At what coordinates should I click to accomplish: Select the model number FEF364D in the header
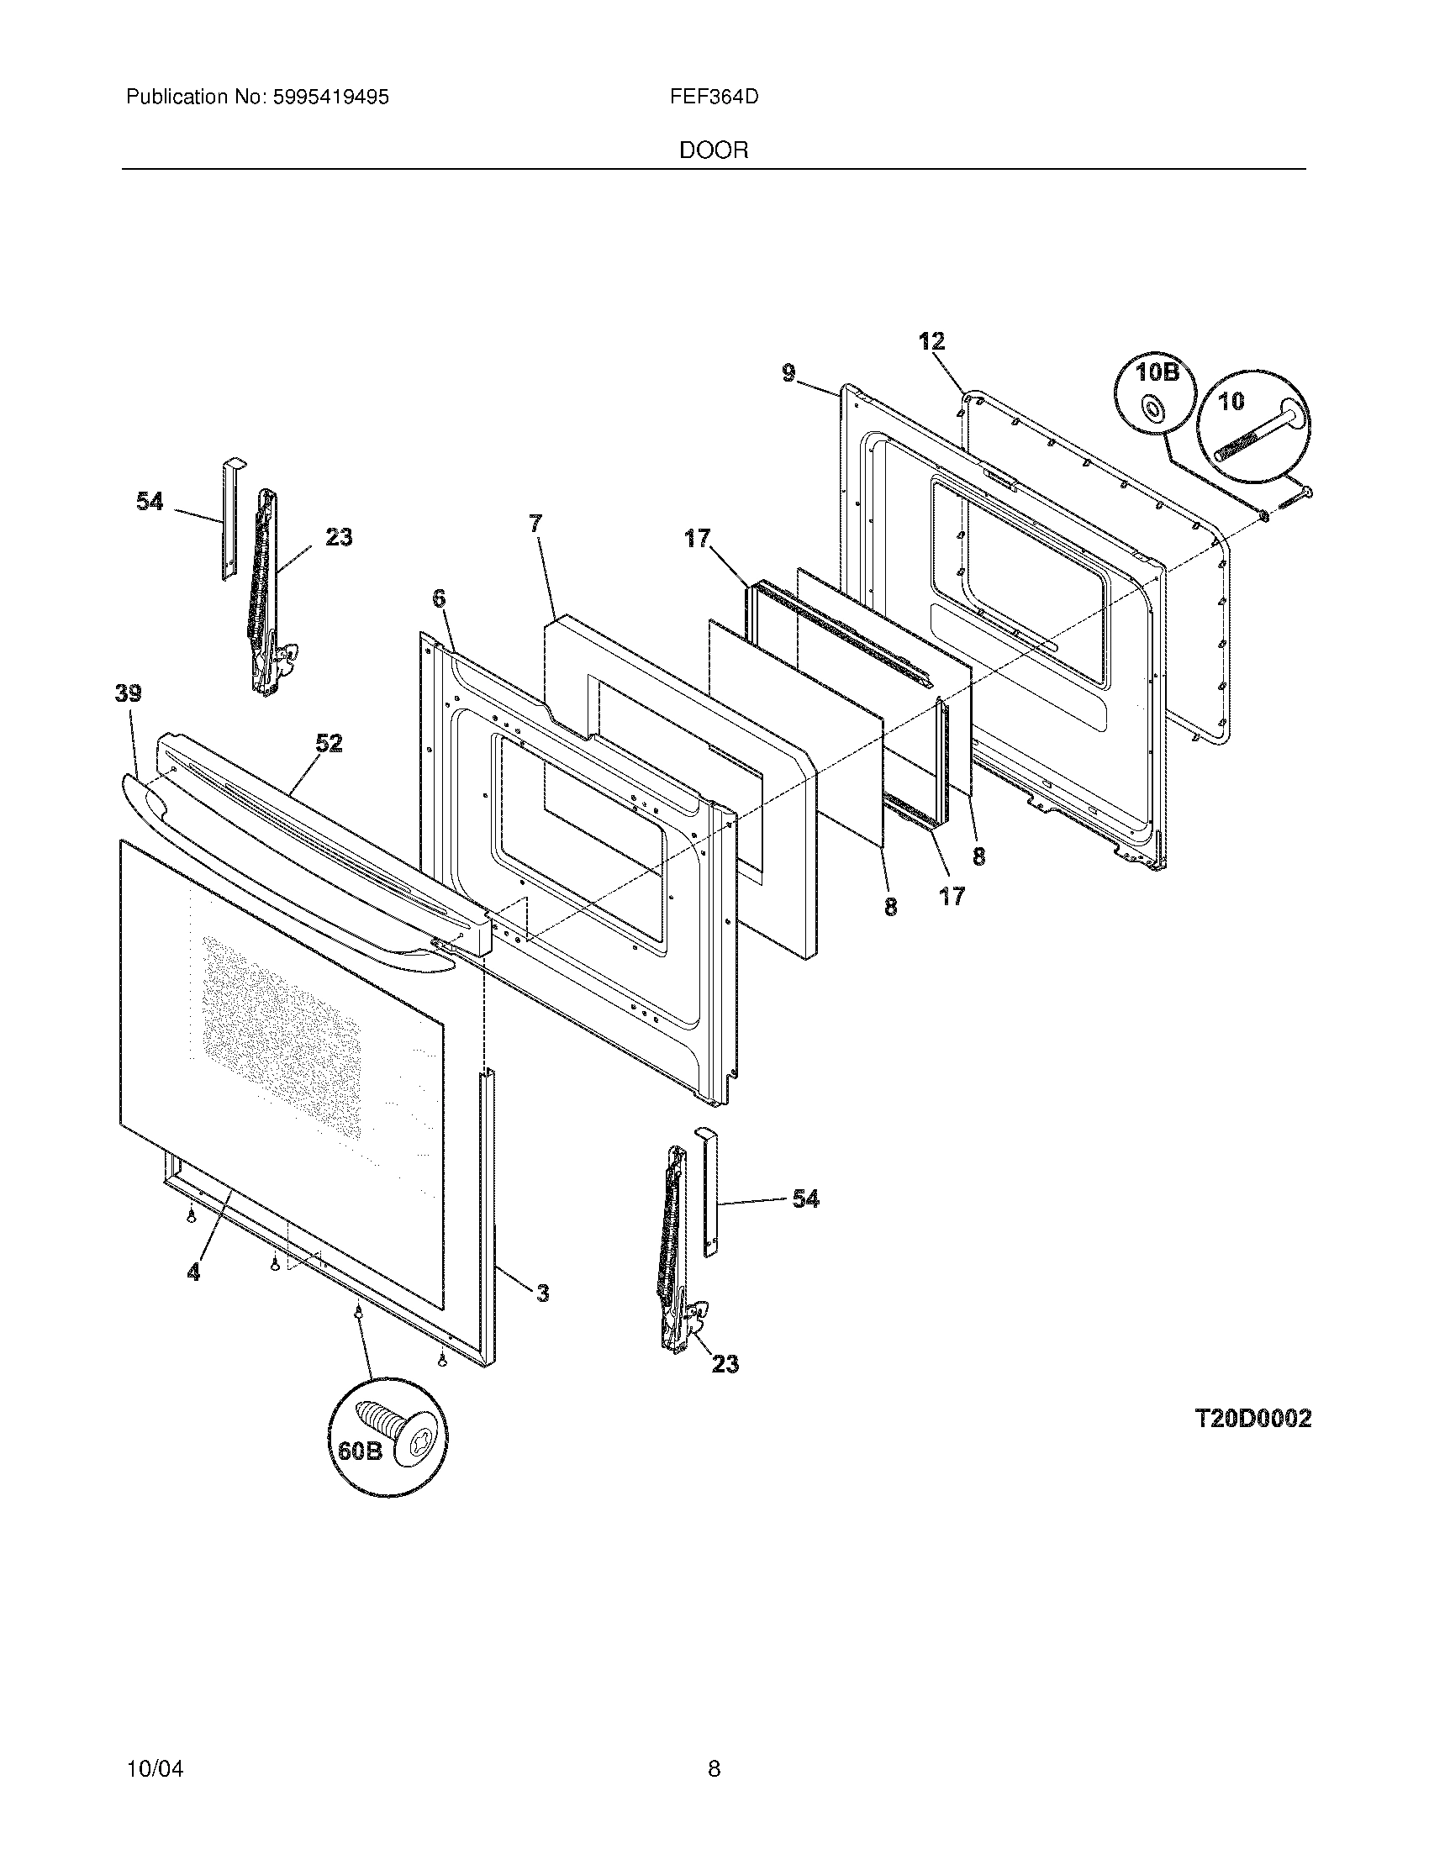click(714, 97)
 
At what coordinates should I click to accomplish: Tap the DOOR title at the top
click(714, 150)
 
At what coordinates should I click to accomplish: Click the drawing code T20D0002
click(1253, 1418)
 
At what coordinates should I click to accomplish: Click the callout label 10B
click(1157, 372)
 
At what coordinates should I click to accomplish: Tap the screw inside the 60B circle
click(390, 1425)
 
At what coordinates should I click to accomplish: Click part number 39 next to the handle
click(129, 693)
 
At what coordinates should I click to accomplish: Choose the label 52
click(329, 743)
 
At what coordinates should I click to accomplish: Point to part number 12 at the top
click(931, 341)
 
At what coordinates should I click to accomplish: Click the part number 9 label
click(788, 372)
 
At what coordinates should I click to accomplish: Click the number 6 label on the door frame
click(438, 598)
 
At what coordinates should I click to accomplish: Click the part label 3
click(542, 1293)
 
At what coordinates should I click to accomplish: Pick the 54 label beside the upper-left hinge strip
click(150, 501)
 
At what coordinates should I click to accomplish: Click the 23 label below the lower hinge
click(725, 1364)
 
